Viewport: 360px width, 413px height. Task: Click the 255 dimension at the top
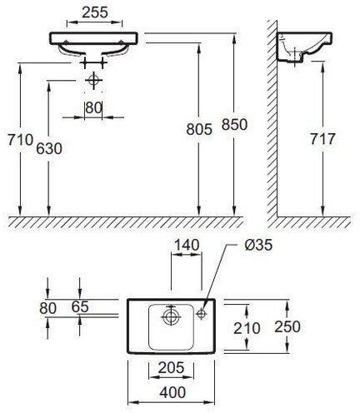coord(96,13)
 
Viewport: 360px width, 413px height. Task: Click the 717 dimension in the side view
coord(322,140)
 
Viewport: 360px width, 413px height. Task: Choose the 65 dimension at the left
coord(79,307)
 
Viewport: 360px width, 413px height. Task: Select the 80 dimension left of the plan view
coord(48,307)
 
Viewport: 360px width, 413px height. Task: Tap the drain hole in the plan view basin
coord(170,316)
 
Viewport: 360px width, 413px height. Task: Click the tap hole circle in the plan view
coord(202,315)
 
